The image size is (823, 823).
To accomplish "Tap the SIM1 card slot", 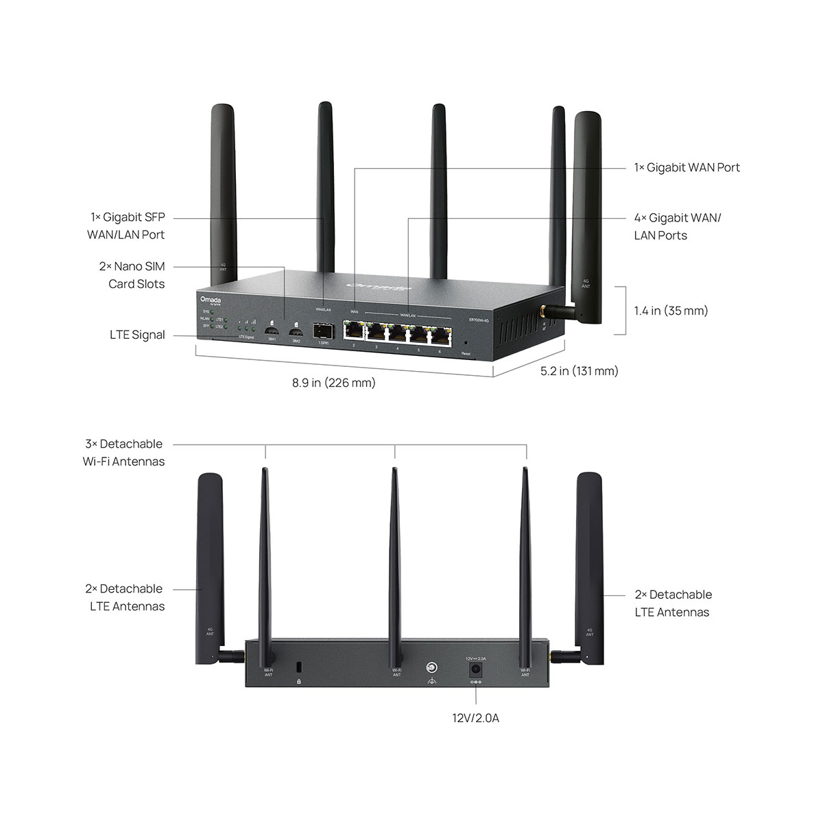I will (272, 328).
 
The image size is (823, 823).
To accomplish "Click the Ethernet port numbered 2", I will (354, 333).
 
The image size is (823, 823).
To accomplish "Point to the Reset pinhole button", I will (466, 344).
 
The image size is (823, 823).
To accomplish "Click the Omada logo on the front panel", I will (208, 300).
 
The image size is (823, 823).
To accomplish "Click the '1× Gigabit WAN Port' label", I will (687, 167).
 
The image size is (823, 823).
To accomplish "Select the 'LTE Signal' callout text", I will (137, 335).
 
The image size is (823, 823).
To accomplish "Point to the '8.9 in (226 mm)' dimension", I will (334, 383).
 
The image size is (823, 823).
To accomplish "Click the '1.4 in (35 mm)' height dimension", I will (671, 311).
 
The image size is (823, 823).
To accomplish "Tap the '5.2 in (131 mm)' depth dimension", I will (579, 371).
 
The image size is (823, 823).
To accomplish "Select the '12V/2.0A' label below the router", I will (475, 719).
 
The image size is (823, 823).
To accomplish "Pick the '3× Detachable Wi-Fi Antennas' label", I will (124, 453).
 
